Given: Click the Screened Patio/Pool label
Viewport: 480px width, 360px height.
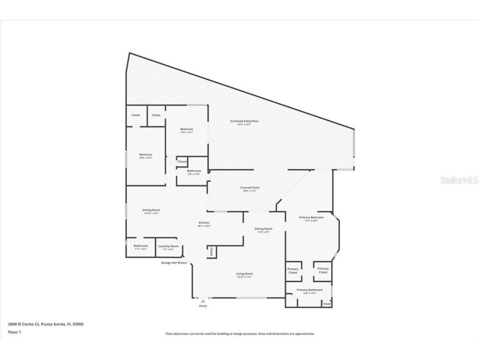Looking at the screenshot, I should [x=244, y=121].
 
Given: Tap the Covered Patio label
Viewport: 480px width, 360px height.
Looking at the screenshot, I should [x=250, y=188].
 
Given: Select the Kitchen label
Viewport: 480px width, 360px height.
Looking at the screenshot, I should [x=204, y=223].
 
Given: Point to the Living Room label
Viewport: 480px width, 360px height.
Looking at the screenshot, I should [x=245, y=274].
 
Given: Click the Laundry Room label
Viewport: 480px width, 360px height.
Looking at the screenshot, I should [x=168, y=246].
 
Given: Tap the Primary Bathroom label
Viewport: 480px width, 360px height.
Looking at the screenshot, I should [x=309, y=290].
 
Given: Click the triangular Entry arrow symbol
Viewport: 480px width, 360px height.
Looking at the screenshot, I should [x=203, y=301].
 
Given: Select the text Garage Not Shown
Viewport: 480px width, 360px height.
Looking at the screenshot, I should [x=174, y=263].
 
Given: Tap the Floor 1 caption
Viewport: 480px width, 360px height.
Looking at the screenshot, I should [x=14, y=332].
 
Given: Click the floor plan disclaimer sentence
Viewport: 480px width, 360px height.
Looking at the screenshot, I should [x=240, y=334].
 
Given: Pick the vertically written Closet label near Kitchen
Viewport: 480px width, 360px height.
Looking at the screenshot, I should [x=211, y=251].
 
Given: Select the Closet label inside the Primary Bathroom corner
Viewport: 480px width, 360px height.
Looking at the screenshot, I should [x=327, y=304].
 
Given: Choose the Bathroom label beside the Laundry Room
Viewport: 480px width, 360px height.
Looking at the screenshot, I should [x=140, y=246].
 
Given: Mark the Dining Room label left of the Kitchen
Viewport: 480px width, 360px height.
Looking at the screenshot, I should [x=151, y=210].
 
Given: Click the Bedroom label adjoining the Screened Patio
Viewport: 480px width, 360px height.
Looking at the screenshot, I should [x=186, y=129].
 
